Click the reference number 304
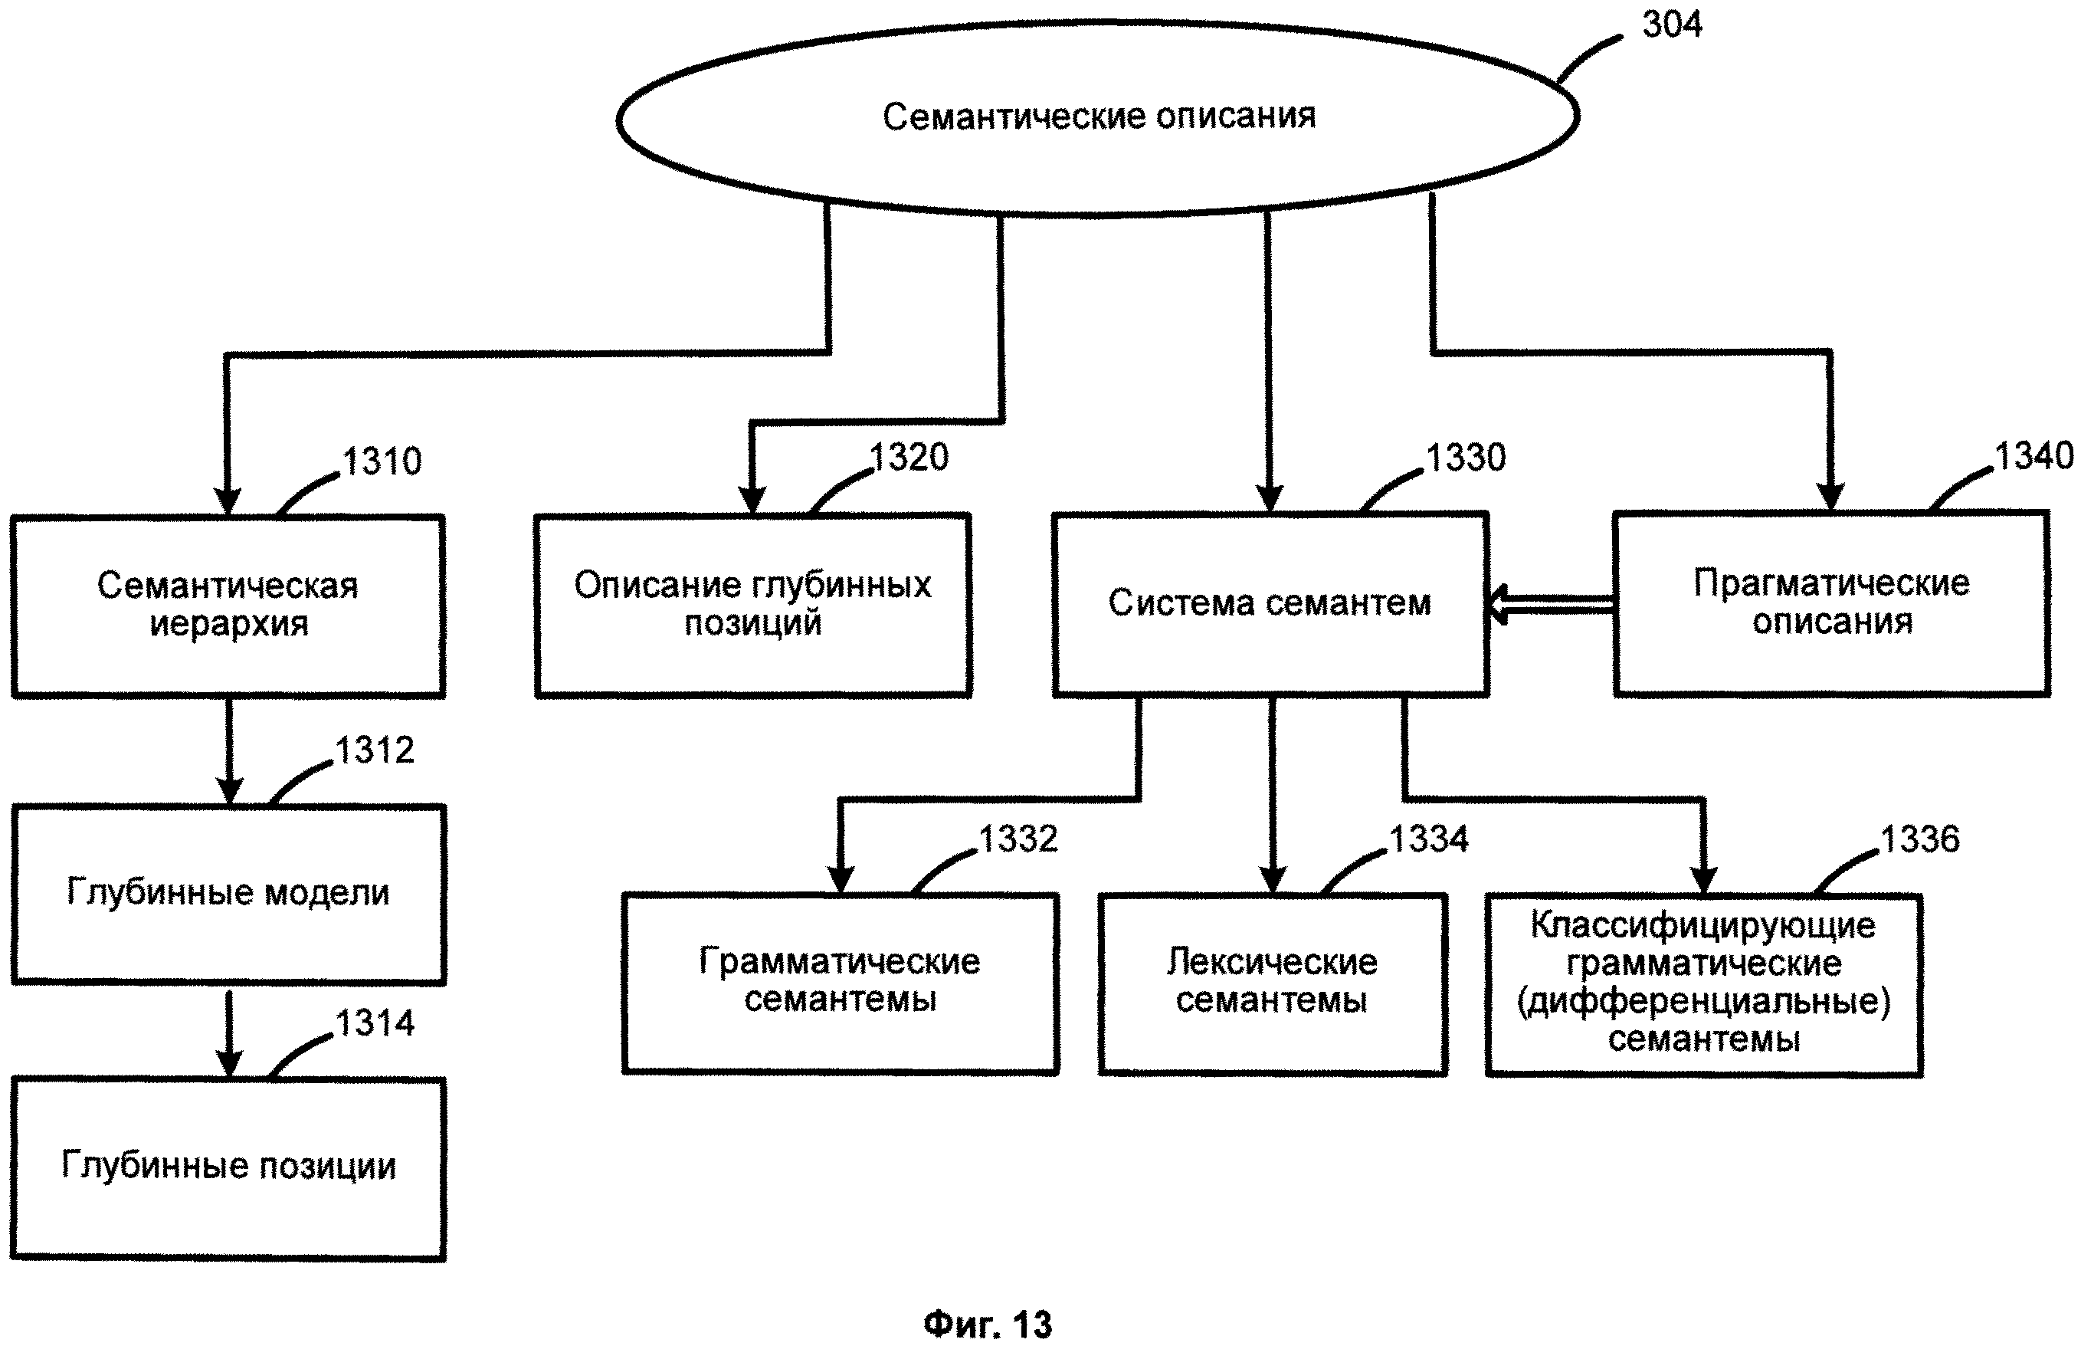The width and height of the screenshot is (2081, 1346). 1671,25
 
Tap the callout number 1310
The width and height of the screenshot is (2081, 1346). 382,461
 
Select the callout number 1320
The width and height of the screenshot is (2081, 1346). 909,457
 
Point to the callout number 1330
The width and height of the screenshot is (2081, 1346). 1466,458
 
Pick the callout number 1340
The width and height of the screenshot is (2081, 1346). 2033,456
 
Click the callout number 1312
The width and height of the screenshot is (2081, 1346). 375,750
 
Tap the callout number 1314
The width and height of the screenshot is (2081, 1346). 375,1023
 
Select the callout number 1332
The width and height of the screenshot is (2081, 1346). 1018,839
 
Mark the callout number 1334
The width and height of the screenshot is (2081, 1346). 1429,839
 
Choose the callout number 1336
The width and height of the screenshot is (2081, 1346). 1920,839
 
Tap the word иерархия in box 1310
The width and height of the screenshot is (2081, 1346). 229,625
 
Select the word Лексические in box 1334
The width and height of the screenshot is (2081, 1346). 1272,962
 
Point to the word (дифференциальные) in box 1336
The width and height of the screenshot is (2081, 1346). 1703,1002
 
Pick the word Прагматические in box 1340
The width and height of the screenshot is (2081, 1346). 1831,583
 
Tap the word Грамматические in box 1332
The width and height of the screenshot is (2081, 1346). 840,961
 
